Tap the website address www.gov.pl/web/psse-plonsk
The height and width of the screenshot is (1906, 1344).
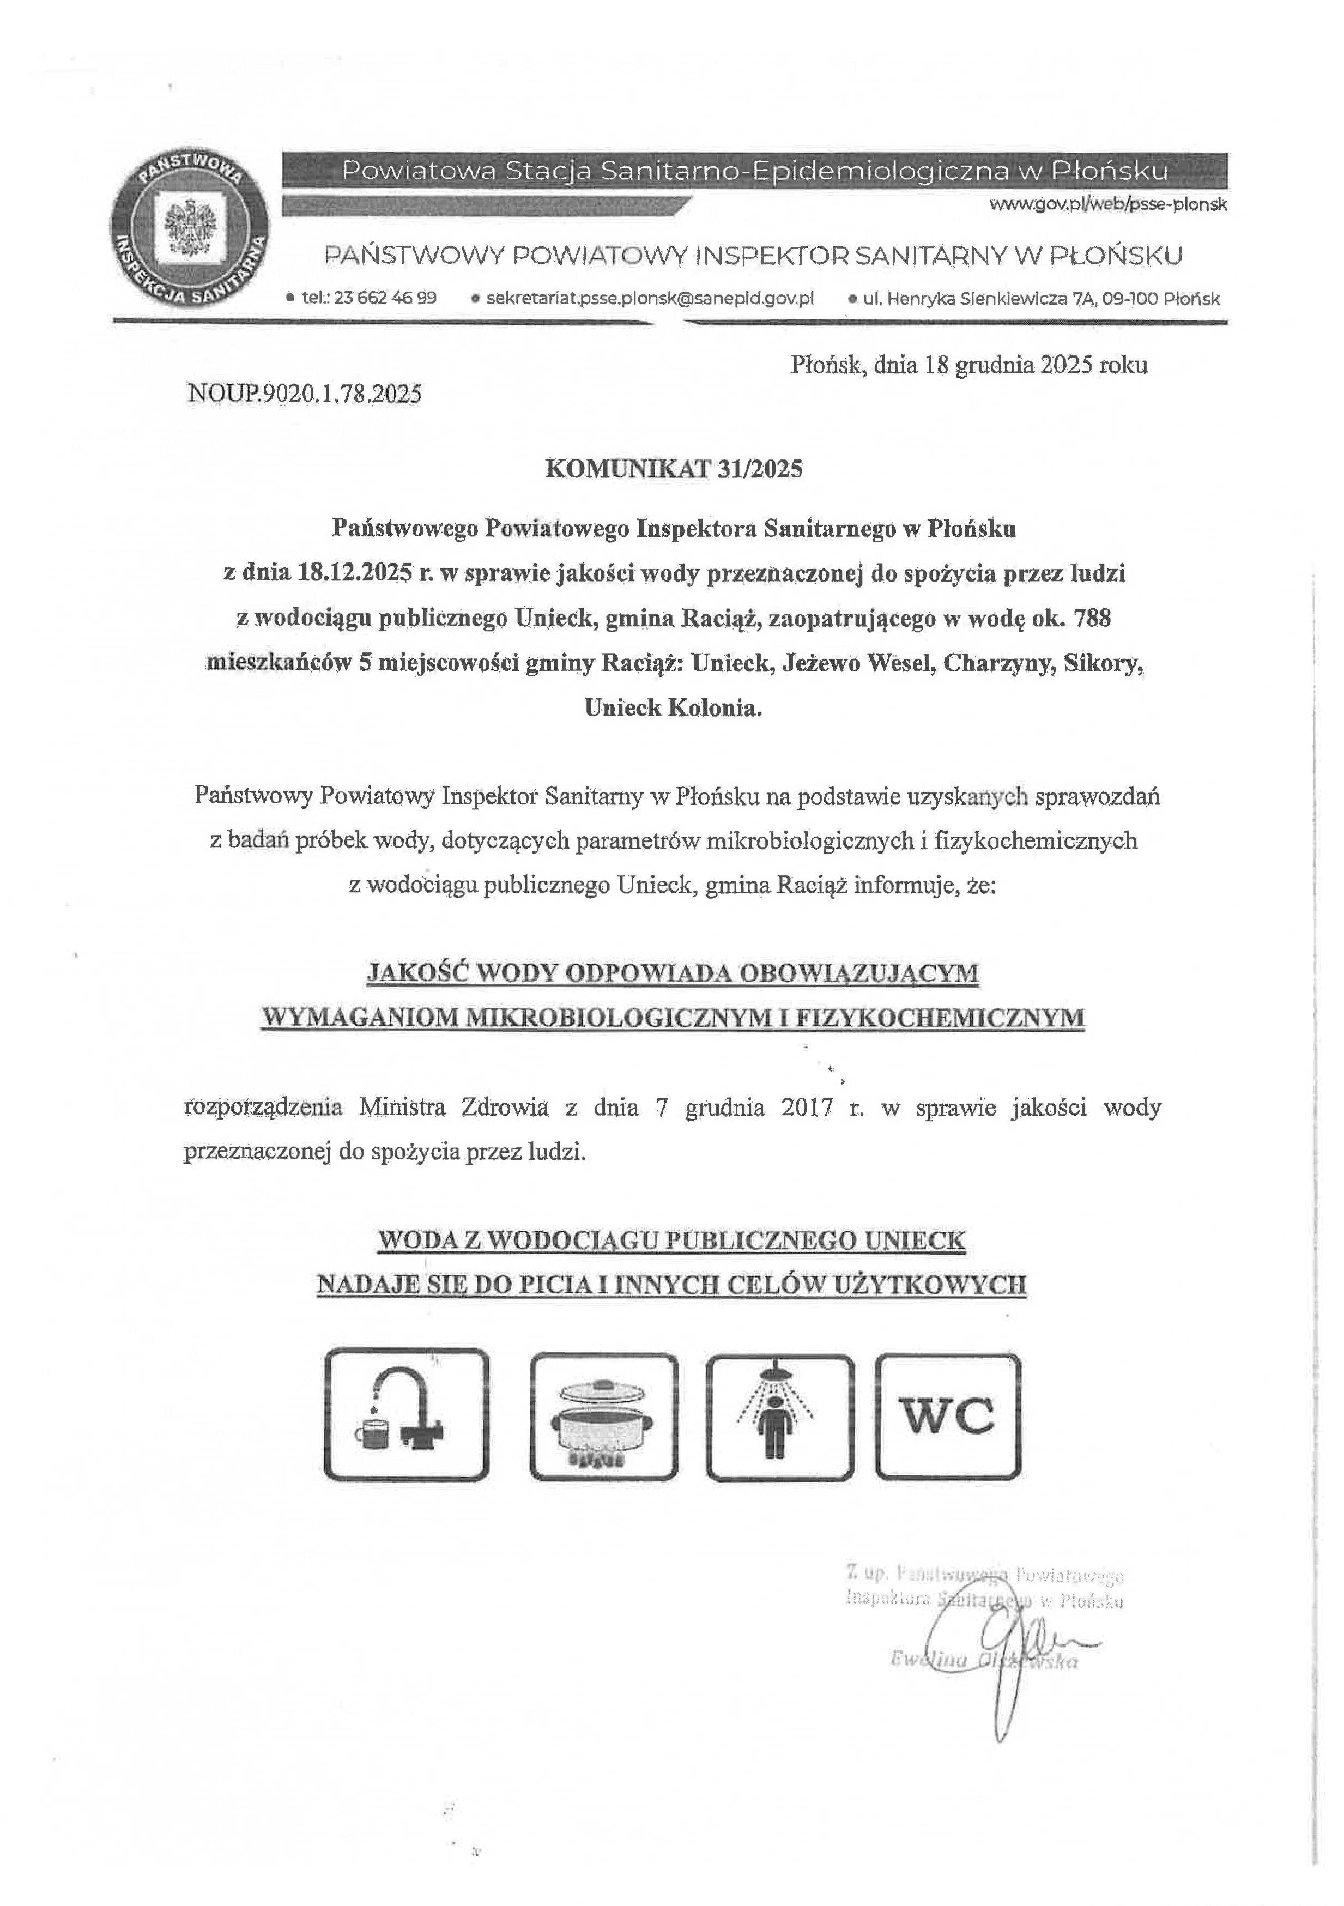pos(1108,204)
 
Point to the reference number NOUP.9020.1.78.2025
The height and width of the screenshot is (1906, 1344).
pos(305,394)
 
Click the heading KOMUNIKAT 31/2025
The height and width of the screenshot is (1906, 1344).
pos(673,469)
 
